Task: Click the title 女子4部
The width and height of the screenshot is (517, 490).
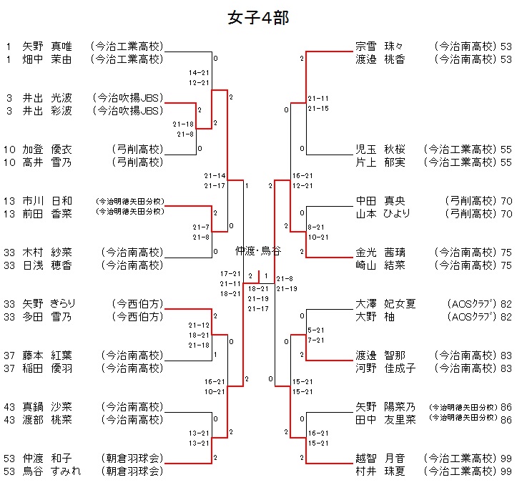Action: click(x=258, y=18)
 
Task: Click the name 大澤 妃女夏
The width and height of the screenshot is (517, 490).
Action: click(x=385, y=304)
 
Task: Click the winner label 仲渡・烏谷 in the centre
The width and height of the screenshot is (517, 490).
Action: click(x=258, y=250)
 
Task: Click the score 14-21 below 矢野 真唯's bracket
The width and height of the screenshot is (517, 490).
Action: click(x=199, y=73)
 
